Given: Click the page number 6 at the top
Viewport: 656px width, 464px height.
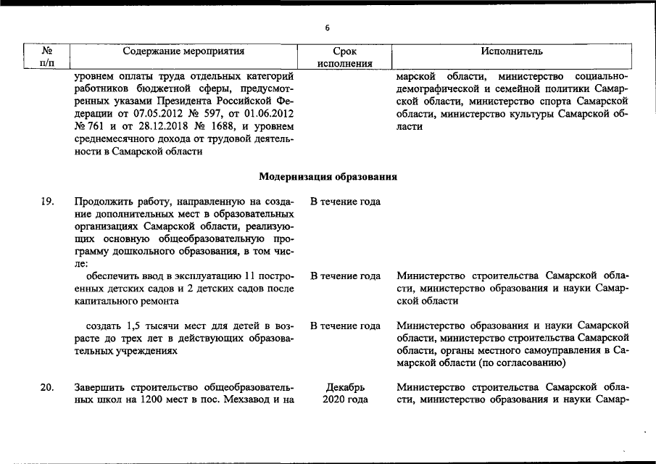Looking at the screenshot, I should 327,28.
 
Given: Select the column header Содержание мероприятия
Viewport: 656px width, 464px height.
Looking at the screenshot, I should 183,51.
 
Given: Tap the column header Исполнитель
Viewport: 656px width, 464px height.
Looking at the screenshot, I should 512,51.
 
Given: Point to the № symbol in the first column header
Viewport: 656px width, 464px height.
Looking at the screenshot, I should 46,51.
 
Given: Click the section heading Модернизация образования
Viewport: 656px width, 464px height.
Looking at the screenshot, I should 328,176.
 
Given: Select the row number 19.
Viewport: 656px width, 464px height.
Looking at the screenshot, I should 46,202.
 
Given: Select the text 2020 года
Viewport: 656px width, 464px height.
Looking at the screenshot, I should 345,399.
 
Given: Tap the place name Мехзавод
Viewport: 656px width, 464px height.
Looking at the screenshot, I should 254,399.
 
